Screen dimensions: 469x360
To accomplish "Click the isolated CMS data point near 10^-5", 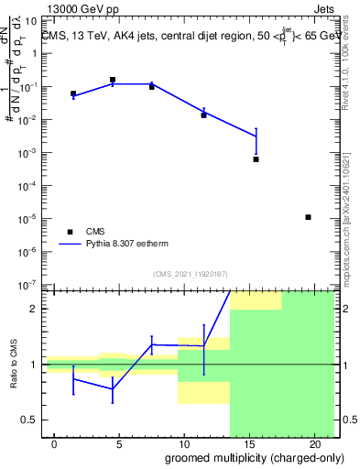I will pos(308,217).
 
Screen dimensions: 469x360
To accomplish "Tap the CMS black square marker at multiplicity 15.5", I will pos(256,159).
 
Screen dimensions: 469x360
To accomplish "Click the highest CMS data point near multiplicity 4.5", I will pos(113,80).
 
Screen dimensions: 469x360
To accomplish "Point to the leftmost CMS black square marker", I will pos(73,93).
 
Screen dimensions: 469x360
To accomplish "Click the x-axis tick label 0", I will pos(54,444).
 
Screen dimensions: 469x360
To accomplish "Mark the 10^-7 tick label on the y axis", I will pos(29,285).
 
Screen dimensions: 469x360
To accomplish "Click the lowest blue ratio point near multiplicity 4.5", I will pos(113,388).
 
